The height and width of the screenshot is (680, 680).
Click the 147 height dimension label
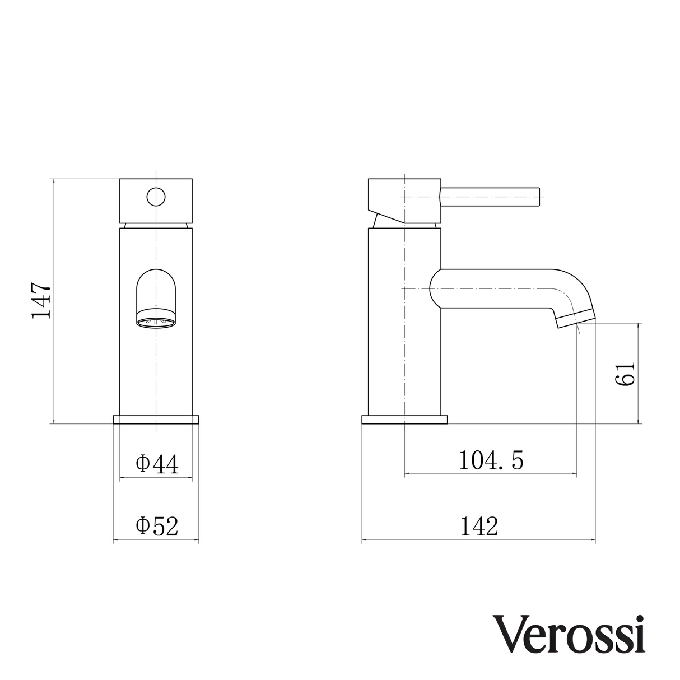[41, 301]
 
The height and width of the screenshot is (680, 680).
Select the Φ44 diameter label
[157, 464]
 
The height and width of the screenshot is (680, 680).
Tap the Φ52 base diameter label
[157, 526]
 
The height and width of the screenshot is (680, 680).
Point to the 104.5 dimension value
[491, 460]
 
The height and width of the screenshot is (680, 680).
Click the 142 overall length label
[479, 526]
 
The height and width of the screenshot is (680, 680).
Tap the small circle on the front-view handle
[156, 197]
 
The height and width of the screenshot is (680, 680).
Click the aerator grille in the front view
[156, 321]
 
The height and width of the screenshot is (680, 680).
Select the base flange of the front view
[156, 420]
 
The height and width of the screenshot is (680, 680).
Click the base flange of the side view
[404, 420]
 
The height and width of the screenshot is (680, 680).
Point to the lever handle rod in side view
[490, 197]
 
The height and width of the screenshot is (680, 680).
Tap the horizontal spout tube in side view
[493, 288]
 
